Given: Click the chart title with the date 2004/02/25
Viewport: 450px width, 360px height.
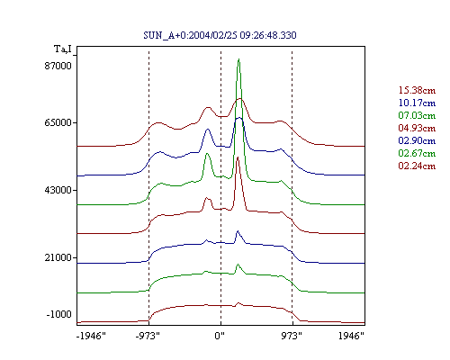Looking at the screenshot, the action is coord(220,35).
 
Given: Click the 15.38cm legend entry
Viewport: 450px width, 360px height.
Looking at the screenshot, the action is coord(417,90).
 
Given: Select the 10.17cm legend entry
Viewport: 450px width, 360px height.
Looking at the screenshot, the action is coord(417,103).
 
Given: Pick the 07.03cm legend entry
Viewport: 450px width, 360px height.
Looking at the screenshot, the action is coord(417,115).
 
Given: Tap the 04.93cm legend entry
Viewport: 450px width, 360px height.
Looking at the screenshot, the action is coord(417,128).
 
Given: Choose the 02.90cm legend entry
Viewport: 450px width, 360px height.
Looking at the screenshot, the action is coord(417,140).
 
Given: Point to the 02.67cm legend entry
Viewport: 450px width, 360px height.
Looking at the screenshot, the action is coord(417,153).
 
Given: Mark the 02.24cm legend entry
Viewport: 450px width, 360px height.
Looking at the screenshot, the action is coord(417,166).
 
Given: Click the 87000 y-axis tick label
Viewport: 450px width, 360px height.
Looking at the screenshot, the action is coord(58,66).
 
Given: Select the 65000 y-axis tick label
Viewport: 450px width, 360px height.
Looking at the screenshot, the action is coord(58,122).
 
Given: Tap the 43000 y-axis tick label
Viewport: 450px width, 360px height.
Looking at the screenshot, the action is coord(58,190).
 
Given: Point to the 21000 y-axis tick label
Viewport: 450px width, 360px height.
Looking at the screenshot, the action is coord(58,257).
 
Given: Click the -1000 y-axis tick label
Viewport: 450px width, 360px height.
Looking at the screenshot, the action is coord(58,314).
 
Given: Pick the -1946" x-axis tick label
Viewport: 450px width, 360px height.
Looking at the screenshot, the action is coord(91,336).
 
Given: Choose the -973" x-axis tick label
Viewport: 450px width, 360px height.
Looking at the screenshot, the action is coord(148,336).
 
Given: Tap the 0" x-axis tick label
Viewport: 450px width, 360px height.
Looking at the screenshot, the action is coord(220,336).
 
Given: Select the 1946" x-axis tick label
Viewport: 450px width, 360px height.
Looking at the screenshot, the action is coord(351,336).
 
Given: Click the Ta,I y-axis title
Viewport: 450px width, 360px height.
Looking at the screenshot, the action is coord(63,49).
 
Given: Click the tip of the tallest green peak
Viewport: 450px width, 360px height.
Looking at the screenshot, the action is coord(238,58).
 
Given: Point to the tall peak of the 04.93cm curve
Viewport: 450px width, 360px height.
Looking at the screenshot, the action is coord(238,157).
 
